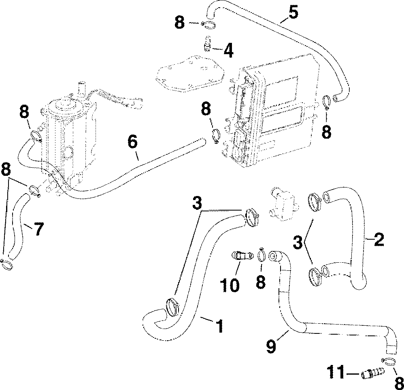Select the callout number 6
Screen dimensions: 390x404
[x=132, y=142]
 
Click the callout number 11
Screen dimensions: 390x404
[x=337, y=371]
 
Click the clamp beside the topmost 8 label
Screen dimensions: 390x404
[x=208, y=25]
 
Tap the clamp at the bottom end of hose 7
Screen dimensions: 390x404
[x=7, y=265]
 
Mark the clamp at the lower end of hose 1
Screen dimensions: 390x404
[x=172, y=306]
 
